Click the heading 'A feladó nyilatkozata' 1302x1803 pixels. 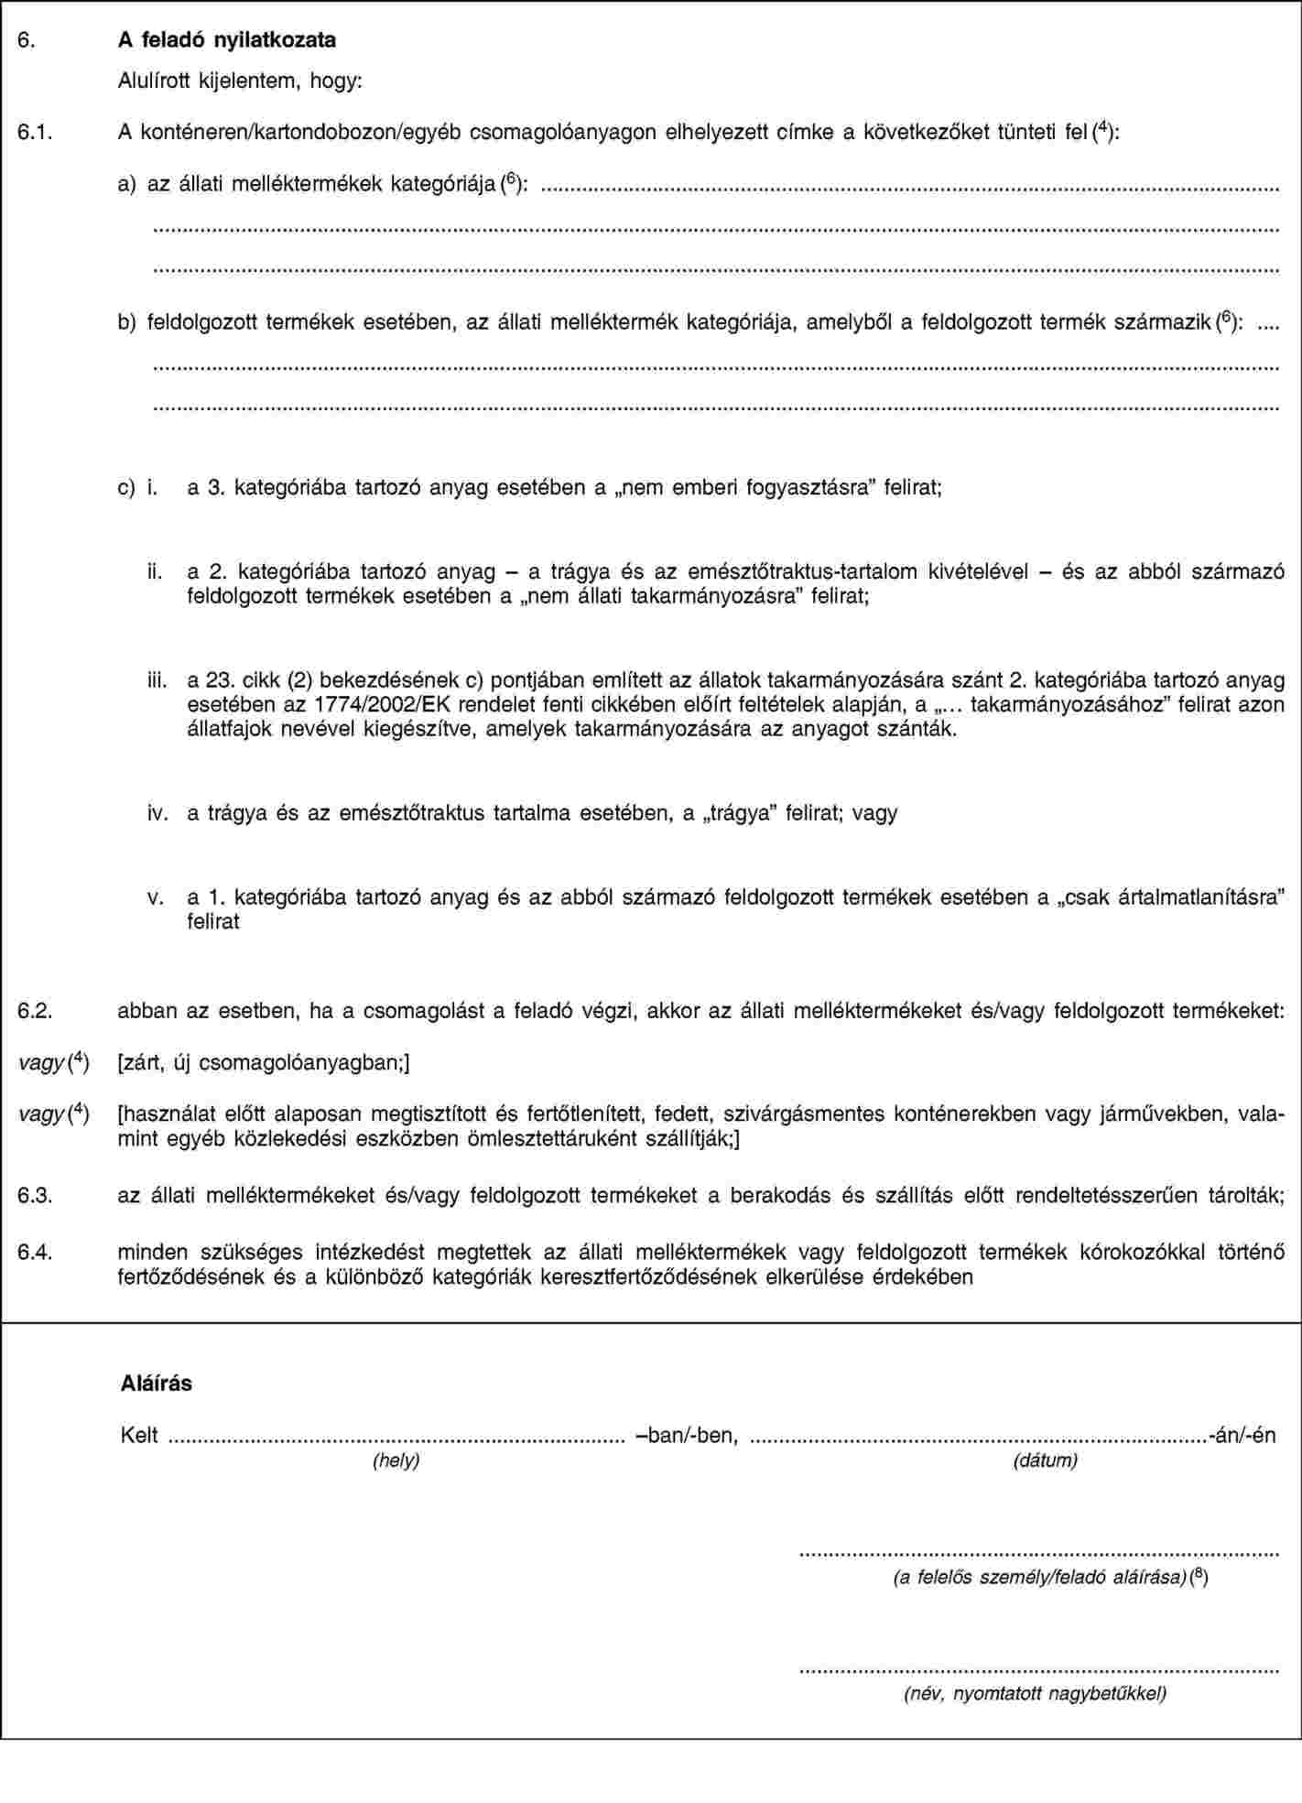pos(227,40)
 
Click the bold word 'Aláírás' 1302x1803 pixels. pos(157,1383)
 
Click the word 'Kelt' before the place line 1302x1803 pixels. pos(140,1435)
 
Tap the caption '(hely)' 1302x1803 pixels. pos(396,1461)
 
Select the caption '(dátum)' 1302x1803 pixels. pos(1045,1461)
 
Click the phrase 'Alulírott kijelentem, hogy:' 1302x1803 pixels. pos(240,81)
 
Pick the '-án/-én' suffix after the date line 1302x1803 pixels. pos(1242,1435)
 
